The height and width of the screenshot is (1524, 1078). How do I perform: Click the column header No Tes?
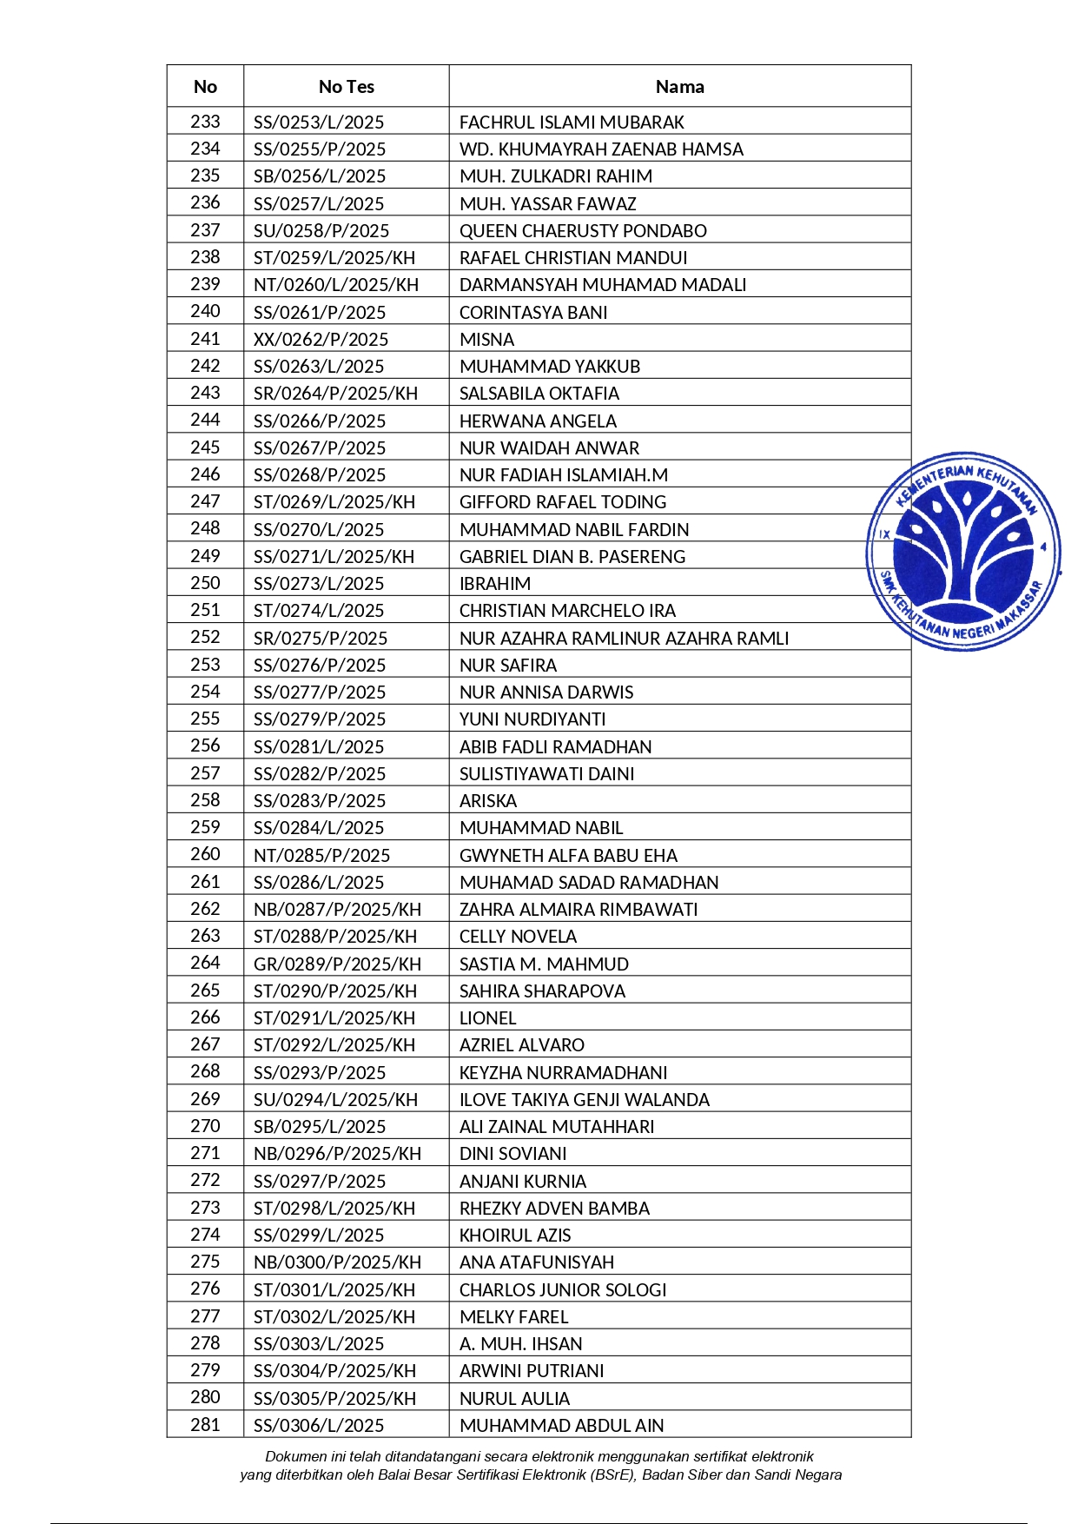[346, 87]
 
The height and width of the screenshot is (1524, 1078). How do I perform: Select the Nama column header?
[679, 87]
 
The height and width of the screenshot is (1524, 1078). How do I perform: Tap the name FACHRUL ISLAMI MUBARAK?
[572, 123]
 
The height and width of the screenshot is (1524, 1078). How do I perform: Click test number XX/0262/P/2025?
[321, 340]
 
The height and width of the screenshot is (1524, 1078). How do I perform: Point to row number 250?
[205, 583]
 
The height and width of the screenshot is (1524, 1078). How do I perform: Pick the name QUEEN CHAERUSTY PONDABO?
[583, 231]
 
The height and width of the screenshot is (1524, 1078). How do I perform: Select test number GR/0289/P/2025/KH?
[337, 964]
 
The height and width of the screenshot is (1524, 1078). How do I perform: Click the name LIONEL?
[487, 1018]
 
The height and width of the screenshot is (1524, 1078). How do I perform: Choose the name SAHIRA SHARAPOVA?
[542, 991]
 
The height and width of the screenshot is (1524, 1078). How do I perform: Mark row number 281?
[205, 1425]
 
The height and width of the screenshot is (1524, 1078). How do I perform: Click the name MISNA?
[486, 340]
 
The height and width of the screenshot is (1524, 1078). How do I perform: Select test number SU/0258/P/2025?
[321, 231]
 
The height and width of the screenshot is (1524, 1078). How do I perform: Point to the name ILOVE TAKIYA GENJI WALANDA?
[584, 1100]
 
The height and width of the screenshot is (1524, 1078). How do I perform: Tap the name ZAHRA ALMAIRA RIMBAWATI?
[579, 910]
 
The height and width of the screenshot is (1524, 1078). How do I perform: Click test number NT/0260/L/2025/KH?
[335, 285]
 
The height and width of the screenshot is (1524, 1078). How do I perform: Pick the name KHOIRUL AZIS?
[515, 1236]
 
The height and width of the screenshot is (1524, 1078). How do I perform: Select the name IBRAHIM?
[494, 584]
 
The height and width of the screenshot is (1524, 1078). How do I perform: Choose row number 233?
[205, 122]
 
